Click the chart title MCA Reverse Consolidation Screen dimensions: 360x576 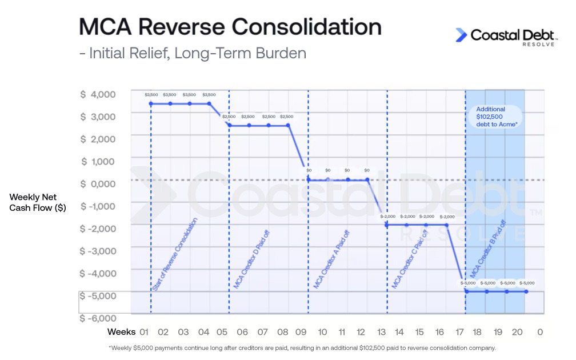[x=230, y=27]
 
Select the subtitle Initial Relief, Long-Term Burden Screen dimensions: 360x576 [x=193, y=53]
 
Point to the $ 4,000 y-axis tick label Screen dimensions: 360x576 [x=98, y=94]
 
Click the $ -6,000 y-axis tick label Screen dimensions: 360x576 [x=98, y=318]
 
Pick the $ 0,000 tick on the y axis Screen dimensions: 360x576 [x=98, y=183]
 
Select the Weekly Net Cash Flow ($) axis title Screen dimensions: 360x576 [x=38, y=202]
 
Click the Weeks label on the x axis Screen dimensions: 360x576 [x=122, y=332]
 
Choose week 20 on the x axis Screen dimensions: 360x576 [x=517, y=332]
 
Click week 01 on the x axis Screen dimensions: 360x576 [x=144, y=332]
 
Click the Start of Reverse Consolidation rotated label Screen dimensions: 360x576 [x=175, y=254]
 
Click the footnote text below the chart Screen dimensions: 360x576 [x=302, y=347]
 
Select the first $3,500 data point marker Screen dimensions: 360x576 [x=151, y=103]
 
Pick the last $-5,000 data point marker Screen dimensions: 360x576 [x=526, y=291]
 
